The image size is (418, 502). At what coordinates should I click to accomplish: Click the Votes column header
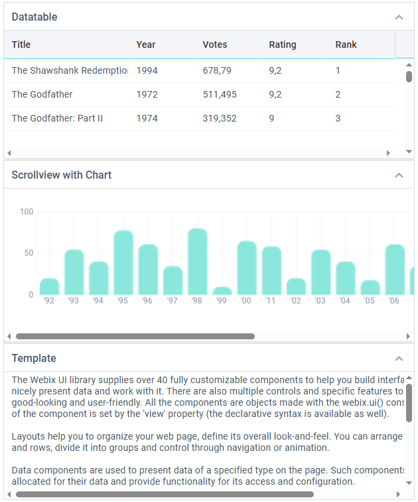tap(214, 44)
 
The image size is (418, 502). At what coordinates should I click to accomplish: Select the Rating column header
tap(283, 44)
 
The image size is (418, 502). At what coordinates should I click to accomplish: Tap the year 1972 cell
tap(147, 94)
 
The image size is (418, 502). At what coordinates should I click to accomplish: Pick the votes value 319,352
tap(220, 118)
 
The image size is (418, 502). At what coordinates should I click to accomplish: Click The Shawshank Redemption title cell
tap(70, 70)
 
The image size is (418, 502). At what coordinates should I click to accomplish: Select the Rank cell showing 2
tap(338, 94)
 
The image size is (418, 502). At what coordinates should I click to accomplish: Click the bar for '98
tap(197, 261)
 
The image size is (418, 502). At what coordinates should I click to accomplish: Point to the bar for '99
tap(222, 291)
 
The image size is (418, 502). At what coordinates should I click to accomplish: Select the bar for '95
tap(123, 262)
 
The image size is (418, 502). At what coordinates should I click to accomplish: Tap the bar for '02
tap(296, 286)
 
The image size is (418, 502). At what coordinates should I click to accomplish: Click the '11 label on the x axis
tap(270, 301)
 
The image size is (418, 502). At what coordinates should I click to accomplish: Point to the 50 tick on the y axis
tap(29, 253)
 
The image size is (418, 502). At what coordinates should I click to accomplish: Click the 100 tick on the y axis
tap(27, 212)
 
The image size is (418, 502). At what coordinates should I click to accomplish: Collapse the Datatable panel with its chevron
tap(399, 17)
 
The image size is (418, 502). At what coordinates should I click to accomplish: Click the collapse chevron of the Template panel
tap(399, 359)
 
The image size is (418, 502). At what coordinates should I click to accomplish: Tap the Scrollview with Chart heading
tap(62, 175)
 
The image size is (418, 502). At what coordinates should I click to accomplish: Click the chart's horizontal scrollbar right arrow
tap(408, 336)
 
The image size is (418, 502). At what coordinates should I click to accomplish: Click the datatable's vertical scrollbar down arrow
tap(409, 152)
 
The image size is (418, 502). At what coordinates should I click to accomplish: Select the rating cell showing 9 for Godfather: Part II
tap(271, 118)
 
